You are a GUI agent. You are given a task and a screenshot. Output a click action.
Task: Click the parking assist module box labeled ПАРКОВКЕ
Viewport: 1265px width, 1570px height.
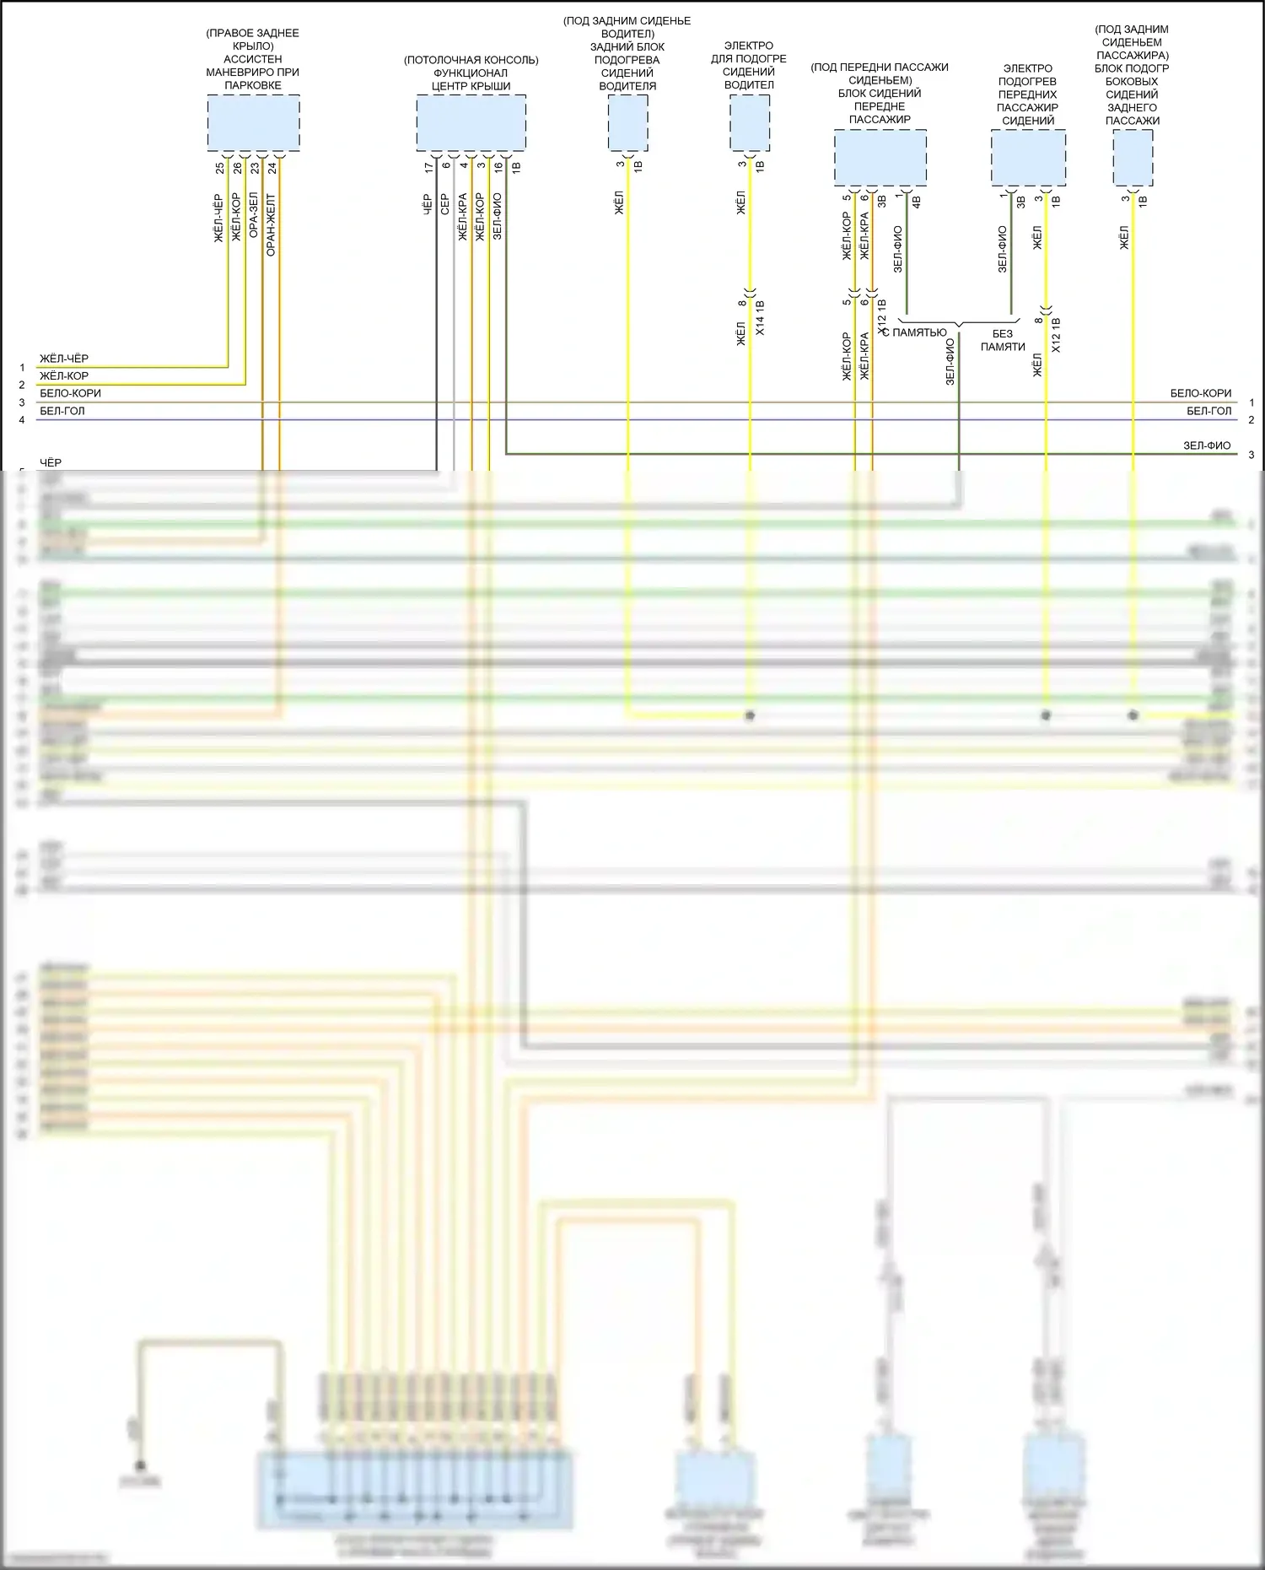tap(253, 123)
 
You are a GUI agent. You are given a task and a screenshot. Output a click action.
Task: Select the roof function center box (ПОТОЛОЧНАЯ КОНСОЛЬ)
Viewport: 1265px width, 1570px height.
tap(471, 123)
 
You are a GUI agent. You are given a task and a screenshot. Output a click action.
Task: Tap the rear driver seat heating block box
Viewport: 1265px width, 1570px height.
tap(628, 123)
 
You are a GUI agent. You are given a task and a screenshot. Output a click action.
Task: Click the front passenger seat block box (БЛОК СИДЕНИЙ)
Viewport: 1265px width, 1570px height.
tap(880, 158)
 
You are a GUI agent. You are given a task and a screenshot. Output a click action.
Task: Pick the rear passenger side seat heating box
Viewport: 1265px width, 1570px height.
tap(1133, 158)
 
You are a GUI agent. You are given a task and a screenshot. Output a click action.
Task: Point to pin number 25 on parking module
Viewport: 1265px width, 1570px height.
tap(220, 168)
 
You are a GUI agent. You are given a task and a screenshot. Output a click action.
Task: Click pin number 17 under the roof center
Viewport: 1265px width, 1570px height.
tap(428, 168)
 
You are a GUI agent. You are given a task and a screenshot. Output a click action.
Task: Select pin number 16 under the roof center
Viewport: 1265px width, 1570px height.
tap(498, 167)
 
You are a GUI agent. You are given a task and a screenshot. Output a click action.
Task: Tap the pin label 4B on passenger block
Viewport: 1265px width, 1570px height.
tap(916, 202)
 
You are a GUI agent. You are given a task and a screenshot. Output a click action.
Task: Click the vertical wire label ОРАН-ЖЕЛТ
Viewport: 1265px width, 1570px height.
tap(271, 224)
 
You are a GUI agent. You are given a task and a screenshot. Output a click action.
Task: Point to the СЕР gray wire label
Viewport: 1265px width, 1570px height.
tap(445, 203)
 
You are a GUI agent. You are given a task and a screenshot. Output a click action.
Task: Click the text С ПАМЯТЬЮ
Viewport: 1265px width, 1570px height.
tap(918, 333)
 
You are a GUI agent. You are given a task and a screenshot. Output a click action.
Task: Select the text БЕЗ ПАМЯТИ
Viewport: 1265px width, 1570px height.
tap(1003, 340)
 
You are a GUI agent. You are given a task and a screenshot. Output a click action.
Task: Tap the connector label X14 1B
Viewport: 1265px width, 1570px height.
tap(760, 318)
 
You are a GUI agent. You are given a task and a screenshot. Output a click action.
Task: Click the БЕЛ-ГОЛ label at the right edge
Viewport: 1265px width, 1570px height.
tap(1208, 411)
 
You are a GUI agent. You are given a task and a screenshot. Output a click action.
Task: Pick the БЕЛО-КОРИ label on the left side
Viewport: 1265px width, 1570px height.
tap(70, 393)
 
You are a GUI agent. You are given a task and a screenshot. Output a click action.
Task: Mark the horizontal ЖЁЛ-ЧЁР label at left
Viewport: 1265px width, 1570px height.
tap(64, 359)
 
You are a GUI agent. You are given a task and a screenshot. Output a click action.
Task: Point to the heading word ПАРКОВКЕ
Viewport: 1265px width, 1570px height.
tap(253, 85)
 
